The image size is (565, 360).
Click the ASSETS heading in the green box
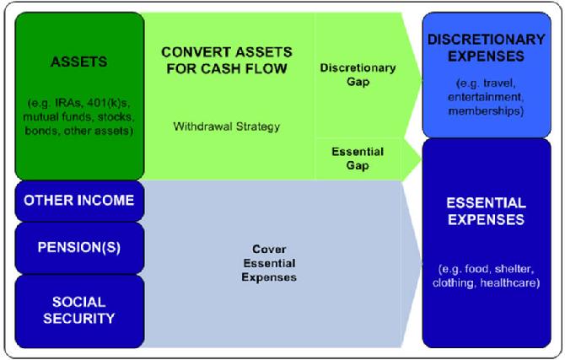click(x=78, y=62)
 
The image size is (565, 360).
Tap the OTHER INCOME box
click(x=78, y=200)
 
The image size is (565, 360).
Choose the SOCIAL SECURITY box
click(x=78, y=309)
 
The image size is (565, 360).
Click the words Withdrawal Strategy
click(x=227, y=126)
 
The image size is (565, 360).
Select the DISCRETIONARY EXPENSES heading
click(x=487, y=48)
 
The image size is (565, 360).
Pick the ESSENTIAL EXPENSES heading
click(x=487, y=211)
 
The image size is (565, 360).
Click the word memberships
click(x=487, y=110)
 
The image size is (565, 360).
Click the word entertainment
click(x=487, y=98)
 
